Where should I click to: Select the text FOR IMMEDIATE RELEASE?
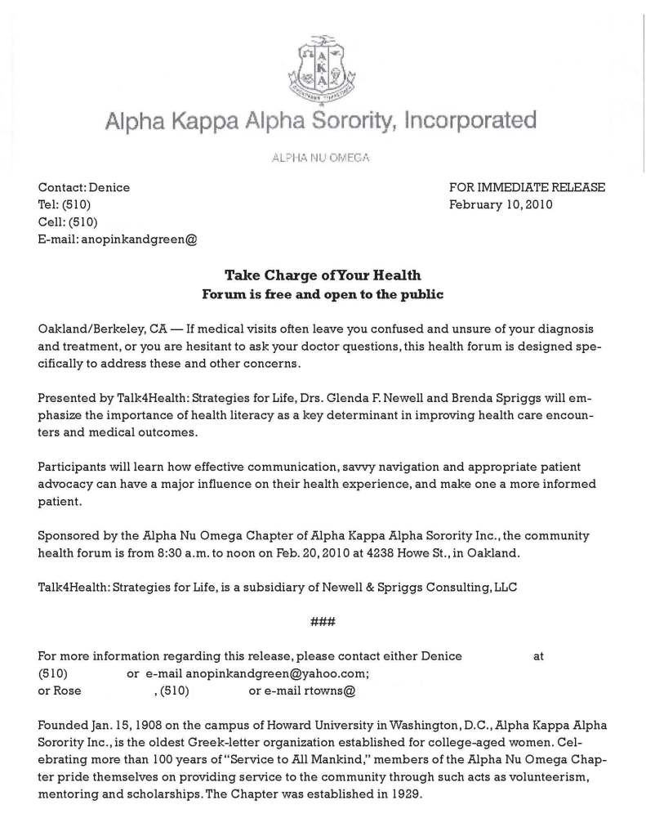tap(527, 187)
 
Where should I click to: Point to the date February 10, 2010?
tap(501, 204)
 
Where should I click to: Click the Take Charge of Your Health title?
tap(323, 275)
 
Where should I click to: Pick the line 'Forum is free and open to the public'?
tap(323, 293)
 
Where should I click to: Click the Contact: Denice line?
tap(84, 187)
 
